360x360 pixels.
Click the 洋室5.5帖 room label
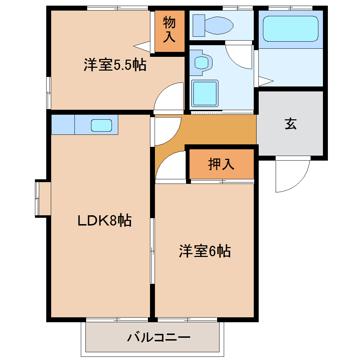[115, 65]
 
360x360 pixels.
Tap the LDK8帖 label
[104, 221]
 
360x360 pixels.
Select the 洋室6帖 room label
[205, 251]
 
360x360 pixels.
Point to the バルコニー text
[159, 338]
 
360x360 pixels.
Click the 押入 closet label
[221, 164]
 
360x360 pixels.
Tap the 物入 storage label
[169, 30]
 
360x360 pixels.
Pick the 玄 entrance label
[290, 124]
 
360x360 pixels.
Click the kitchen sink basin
[102, 125]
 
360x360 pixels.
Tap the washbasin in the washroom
[202, 63]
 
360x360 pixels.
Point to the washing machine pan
[204, 93]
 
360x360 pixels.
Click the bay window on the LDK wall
[42, 198]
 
